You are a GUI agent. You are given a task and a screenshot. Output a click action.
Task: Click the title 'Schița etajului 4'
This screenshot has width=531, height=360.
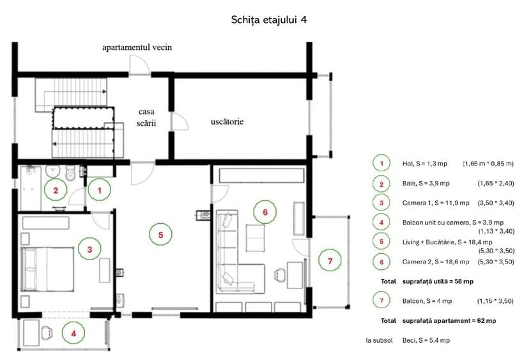269,19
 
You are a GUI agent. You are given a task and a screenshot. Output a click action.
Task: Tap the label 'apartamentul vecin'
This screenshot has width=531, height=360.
137,47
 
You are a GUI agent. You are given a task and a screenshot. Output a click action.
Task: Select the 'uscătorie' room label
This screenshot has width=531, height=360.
227,121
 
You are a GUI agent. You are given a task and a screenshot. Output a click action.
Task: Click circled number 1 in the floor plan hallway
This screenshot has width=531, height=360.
99,189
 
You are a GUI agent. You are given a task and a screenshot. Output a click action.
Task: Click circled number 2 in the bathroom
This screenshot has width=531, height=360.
56,190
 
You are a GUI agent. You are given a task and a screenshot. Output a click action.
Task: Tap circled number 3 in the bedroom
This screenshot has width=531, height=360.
90,249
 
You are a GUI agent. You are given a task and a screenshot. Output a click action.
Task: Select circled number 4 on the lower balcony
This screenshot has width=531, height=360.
73,333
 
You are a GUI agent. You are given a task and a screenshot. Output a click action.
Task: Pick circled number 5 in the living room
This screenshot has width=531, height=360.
161,235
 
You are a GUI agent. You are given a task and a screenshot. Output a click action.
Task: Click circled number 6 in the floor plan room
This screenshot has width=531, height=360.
265,210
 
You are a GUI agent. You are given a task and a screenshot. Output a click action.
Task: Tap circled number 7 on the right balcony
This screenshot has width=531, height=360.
330,261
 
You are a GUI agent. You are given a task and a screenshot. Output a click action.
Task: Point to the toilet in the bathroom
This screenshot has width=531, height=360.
72,173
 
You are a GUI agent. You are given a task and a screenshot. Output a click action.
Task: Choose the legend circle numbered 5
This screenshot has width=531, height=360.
381,242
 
